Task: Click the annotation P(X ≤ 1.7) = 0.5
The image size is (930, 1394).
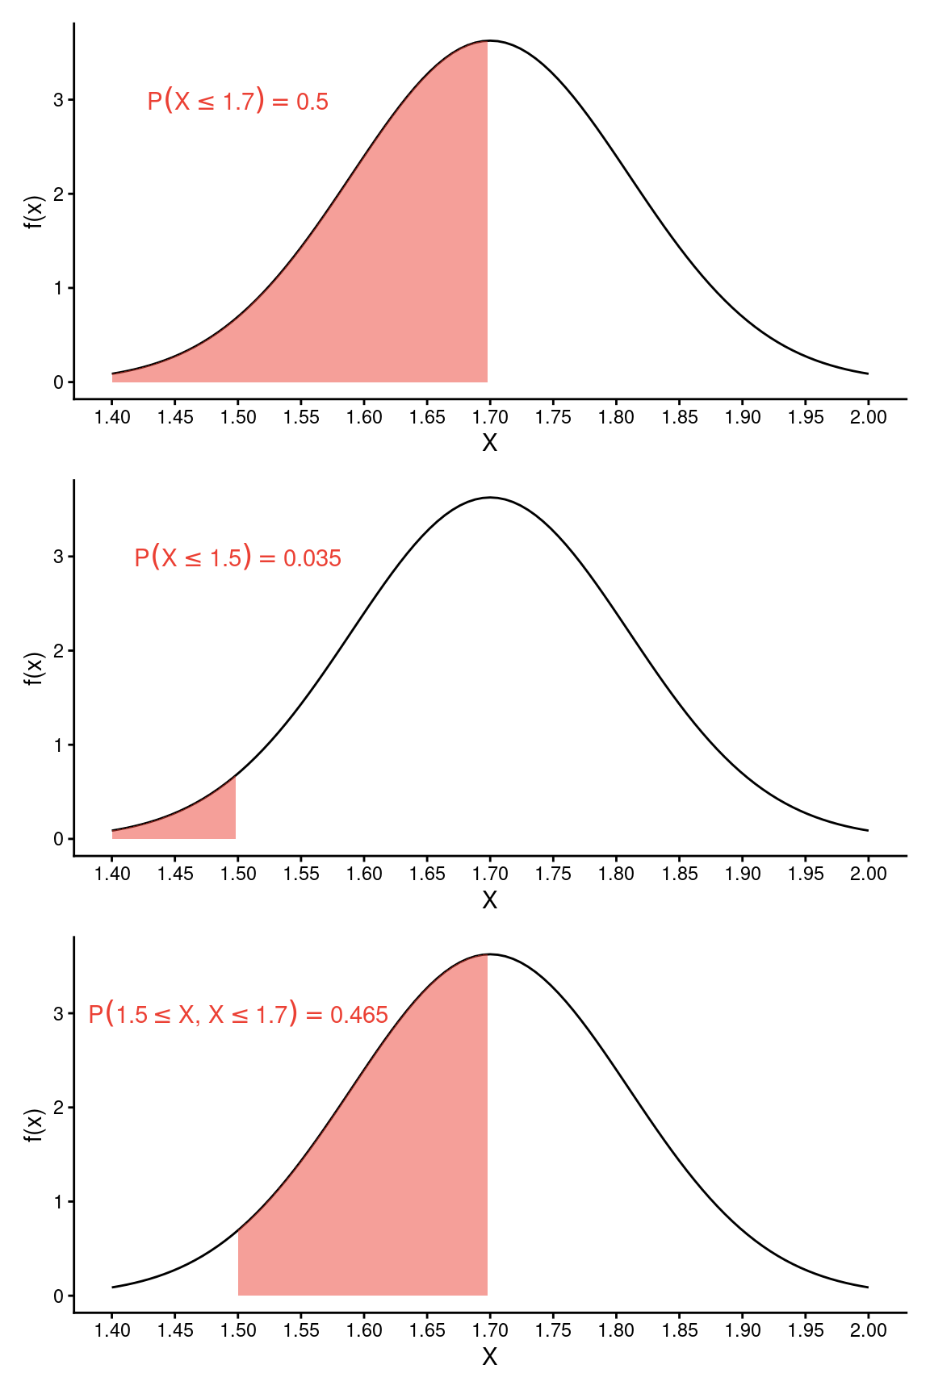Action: pos(237,102)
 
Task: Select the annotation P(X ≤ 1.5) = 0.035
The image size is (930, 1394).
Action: pos(237,558)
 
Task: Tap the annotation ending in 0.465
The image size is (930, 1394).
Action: pos(238,1015)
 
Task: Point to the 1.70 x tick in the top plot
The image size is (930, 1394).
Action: pos(490,417)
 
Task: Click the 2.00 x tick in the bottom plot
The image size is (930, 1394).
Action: pos(868,1330)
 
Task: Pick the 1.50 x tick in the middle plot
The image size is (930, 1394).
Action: pos(238,874)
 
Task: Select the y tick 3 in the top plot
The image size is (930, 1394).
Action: pos(59,100)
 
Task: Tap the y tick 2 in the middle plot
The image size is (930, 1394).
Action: pos(59,651)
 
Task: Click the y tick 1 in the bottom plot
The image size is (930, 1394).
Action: pos(59,1202)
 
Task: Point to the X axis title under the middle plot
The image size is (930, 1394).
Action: pos(489,900)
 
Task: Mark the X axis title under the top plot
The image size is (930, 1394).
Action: pos(489,443)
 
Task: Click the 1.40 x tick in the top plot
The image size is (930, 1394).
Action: pos(112,417)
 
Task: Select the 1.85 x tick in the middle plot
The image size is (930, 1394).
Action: pos(680,874)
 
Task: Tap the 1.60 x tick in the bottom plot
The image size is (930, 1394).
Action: pos(364,1330)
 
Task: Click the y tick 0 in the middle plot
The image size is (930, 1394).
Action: pos(59,839)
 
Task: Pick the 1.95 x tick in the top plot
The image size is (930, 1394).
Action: pos(806,417)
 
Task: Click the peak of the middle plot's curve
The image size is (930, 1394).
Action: pos(490,498)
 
